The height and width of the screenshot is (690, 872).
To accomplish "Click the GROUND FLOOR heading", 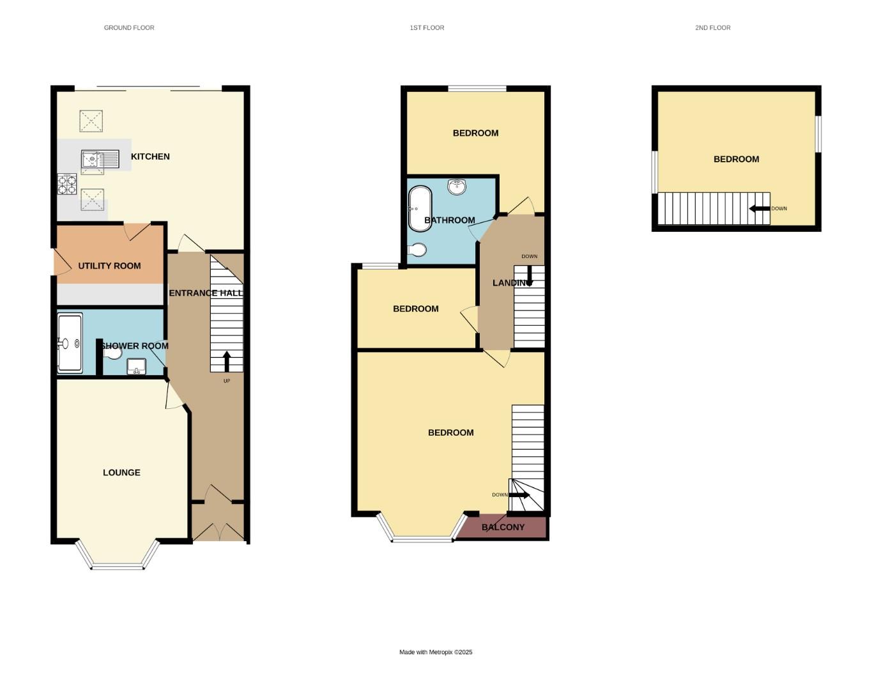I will pyautogui.click(x=129, y=27).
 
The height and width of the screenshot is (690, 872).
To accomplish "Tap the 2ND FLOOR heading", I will pyautogui.click(x=712, y=27).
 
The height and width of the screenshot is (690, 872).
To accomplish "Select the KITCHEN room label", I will pyautogui.click(x=150, y=157).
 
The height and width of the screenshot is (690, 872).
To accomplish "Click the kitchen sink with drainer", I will pyautogui.click(x=100, y=158).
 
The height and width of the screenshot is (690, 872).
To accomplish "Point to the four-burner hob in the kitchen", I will pyautogui.click(x=67, y=185).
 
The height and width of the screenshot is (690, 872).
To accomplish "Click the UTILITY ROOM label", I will pyautogui.click(x=109, y=266).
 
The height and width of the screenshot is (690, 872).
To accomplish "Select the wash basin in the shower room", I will pyautogui.click(x=136, y=367).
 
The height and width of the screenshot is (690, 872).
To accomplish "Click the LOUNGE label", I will pyautogui.click(x=121, y=473).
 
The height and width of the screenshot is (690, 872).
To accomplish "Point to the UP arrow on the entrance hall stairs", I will pyautogui.click(x=227, y=361).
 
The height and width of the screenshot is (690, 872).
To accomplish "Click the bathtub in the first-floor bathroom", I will pyautogui.click(x=420, y=208).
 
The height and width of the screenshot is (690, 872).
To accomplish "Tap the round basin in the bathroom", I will pyautogui.click(x=457, y=187).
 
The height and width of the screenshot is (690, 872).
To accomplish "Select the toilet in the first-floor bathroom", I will pyautogui.click(x=417, y=250).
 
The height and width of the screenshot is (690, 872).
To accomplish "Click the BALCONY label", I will pyautogui.click(x=503, y=527).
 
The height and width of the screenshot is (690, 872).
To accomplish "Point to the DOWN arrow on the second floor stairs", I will pyautogui.click(x=760, y=208).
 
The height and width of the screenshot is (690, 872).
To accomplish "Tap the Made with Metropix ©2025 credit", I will pyautogui.click(x=436, y=652).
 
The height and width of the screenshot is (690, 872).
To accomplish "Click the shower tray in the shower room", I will pyautogui.click(x=70, y=343).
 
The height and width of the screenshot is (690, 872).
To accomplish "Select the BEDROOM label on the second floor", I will pyautogui.click(x=736, y=159).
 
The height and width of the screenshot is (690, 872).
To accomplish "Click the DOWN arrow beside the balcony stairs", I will pyautogui.click(x=519, y=495).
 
